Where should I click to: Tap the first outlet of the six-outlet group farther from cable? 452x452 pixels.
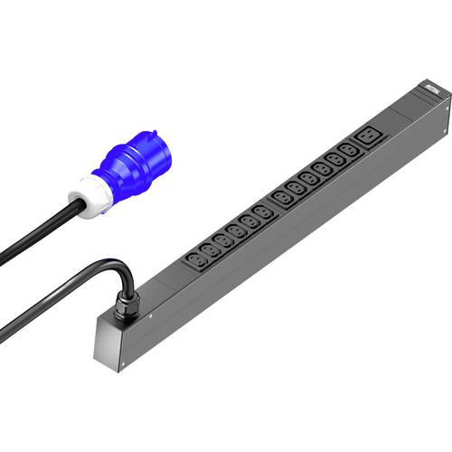pyautogui.click(x=287, y=195)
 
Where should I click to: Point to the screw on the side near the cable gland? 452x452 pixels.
pyautogui.click(x=152, y=316)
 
